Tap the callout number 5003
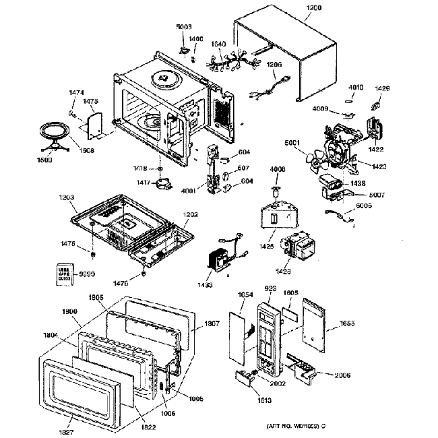click(x=184, y=26)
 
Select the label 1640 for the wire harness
click(x=219, y=44)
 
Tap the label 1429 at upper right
click(x=381, y=88)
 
